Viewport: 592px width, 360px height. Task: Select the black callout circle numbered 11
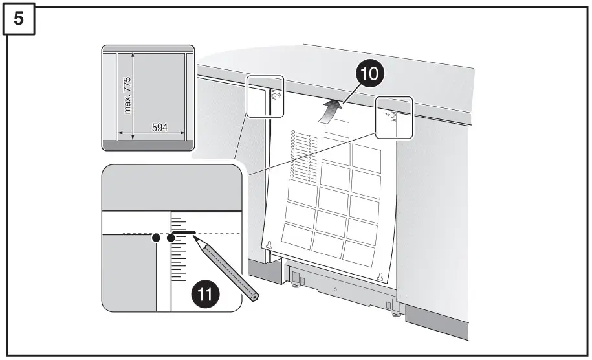pos(204,295)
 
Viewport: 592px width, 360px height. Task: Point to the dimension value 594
pos(160,128)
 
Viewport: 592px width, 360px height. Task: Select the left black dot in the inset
pos(155,238)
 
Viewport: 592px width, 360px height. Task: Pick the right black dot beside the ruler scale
pos(171,238)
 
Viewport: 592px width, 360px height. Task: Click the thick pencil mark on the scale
pos(184,231)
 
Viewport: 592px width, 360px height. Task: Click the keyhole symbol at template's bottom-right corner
pos(380,276)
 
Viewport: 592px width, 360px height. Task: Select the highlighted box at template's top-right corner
pos(394,117)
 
